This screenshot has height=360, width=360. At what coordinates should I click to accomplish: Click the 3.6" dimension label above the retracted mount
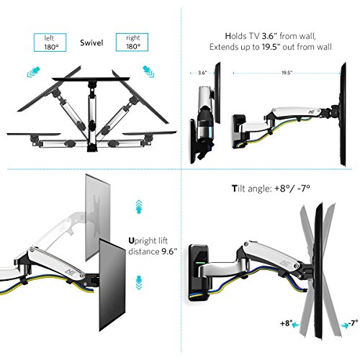(202, 73)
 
